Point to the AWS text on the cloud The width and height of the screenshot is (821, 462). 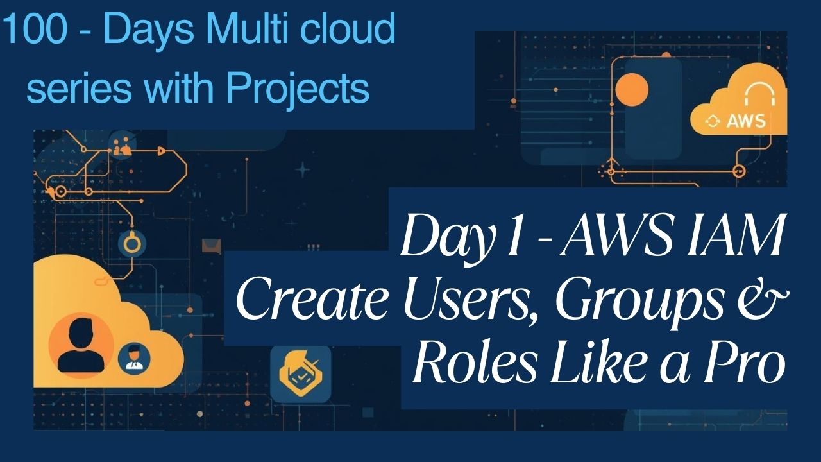pos(745,121)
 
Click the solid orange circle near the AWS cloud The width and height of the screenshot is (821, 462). pos(632,89)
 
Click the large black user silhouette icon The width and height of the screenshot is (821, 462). pos(81,346)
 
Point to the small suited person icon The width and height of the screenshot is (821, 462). pos(134,357)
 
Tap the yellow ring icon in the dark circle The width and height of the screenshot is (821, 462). pos(132,243)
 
